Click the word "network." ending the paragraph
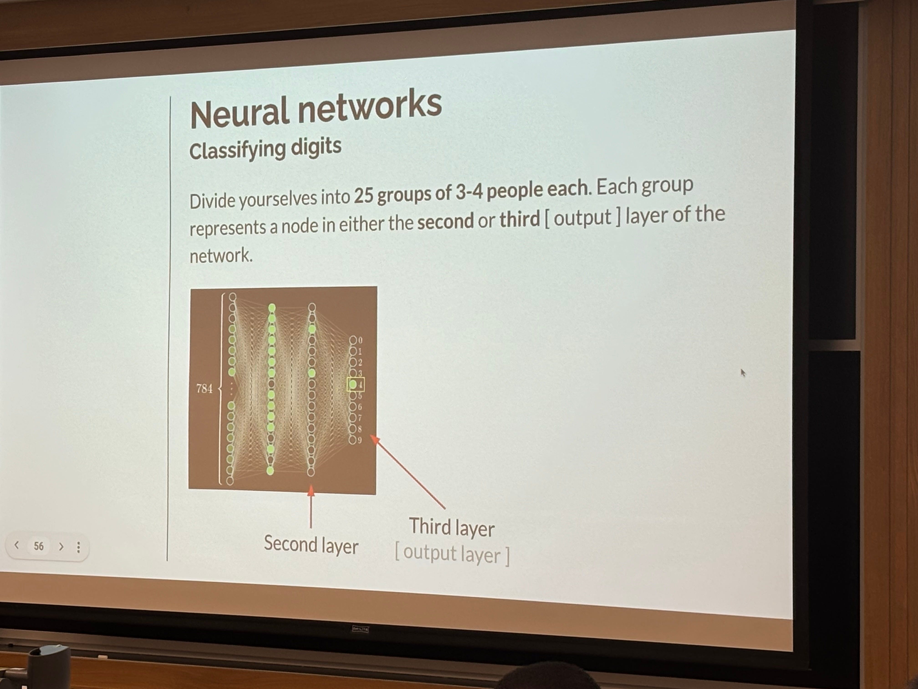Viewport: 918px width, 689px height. [221, 255]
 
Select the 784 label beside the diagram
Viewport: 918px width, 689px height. [204, 389]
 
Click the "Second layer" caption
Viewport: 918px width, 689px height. [311, 545]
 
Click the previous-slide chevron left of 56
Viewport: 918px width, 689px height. [17, 545]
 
